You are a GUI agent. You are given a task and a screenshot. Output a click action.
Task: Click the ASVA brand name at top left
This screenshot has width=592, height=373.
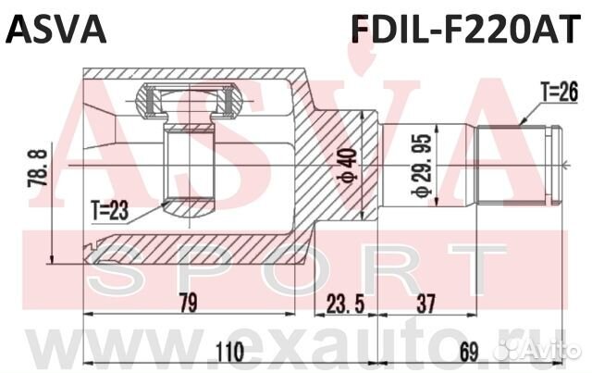coord(56,29)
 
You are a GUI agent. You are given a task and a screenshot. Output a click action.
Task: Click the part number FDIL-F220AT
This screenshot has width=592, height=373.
coord(465,29)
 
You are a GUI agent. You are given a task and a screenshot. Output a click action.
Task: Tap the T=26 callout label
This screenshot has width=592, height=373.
coord(560,92)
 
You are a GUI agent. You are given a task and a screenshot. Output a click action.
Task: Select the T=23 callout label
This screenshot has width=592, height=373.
coord(110,211)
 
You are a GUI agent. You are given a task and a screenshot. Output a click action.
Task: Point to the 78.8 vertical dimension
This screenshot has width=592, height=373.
coord(38,168)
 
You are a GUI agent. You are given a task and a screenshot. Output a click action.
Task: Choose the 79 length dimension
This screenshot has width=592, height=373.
coord(188,303)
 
